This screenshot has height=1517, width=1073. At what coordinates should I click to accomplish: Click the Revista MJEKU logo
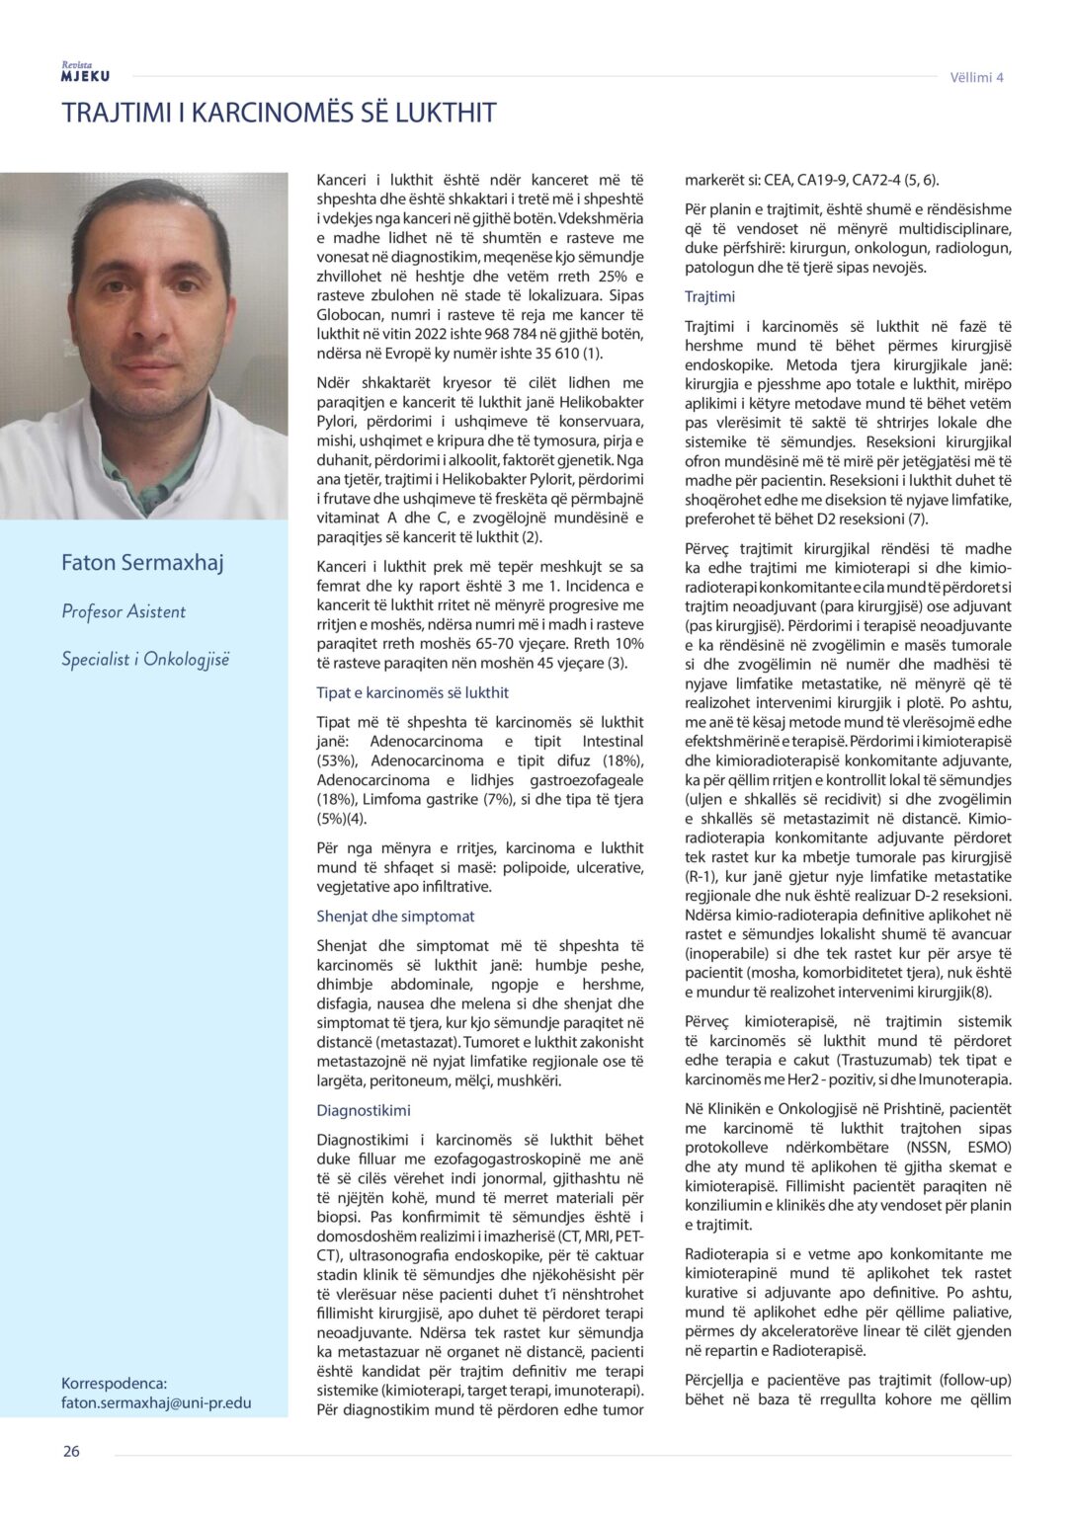(85, 72)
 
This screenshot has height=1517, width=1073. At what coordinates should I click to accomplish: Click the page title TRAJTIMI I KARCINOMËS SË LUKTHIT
(279, 113)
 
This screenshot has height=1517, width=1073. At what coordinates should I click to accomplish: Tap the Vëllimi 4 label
(976, 77)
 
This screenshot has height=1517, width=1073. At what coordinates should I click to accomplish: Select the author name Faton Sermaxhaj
(142, 562)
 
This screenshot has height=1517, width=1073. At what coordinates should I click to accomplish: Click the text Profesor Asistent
(124, 611)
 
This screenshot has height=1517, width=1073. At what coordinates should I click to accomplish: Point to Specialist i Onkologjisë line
(145, 659)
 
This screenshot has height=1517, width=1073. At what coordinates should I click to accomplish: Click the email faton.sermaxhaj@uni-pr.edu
(156, 1402)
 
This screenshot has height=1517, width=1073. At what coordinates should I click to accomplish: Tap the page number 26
(71, 1451)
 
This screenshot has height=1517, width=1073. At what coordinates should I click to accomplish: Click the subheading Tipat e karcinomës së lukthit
(412, 692)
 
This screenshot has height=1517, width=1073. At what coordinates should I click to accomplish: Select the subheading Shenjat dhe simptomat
(395, 916)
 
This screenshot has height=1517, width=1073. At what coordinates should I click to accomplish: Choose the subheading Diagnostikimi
(363, 1110)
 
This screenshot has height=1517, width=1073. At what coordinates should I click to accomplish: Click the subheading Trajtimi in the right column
(709, 296)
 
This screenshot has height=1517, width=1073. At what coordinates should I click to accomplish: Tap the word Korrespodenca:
(114, 1384)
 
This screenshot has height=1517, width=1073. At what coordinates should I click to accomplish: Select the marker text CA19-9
(825, 180)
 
